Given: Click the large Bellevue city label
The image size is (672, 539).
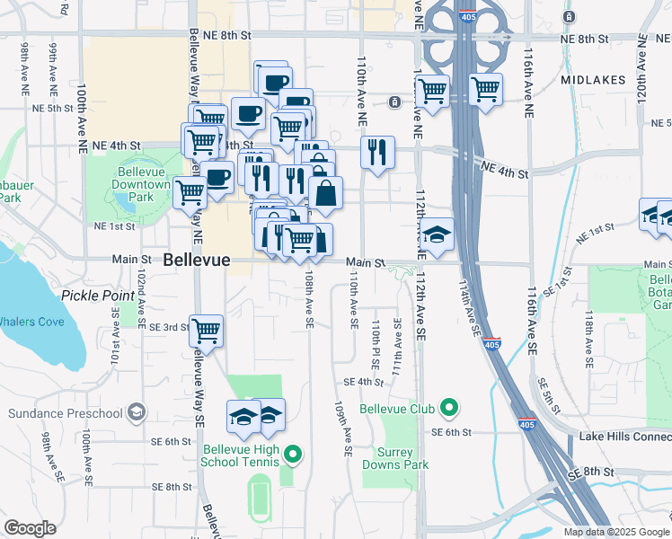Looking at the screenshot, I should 197,260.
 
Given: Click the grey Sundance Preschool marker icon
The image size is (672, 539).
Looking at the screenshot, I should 137,412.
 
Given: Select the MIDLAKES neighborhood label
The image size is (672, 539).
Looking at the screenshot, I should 592,80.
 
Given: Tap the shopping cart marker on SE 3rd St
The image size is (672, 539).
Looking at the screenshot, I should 207,330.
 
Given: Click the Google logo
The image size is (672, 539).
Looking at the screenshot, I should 30,527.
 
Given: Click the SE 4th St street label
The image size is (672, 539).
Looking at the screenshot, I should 363,382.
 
